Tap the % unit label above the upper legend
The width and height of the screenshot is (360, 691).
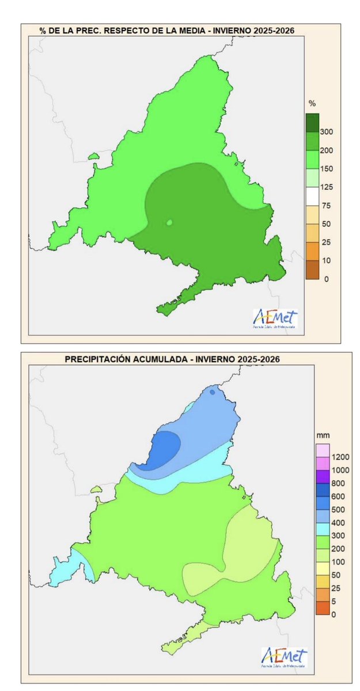pyautogui.click(x=312, y=104)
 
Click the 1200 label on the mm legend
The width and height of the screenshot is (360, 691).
pyautogui.click(x=339, y=457)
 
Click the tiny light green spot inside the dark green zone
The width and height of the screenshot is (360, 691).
pyautogui.click(x=169, y=222)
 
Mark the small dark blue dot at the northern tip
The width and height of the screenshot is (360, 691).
pyautogui.click(x=213, y=392)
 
